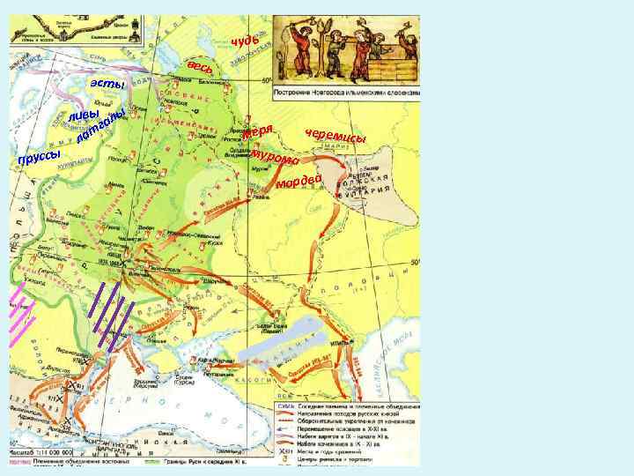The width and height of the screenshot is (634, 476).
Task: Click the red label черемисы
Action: click(335, 138)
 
